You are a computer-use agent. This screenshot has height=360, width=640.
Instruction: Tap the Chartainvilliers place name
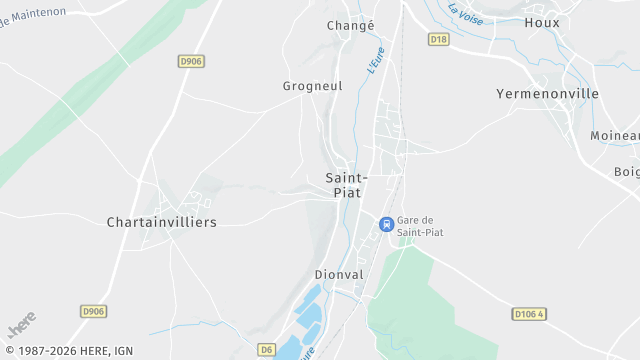point(161,222)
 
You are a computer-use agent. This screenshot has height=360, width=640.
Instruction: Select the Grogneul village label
point(312,86)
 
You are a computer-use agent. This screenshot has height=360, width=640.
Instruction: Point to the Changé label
point(350,25)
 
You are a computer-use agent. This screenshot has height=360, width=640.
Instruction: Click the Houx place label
point(542,22)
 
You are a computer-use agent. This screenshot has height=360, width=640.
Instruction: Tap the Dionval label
point(339,274)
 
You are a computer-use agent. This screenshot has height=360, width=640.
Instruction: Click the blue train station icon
point(386,225)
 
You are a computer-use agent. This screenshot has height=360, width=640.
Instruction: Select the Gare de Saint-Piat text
point(420,226)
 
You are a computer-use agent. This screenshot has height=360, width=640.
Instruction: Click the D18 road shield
point(437,39)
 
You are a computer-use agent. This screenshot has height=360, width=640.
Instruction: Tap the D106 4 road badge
point(530,314)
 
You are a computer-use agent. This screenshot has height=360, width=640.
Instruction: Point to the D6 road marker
point(266,349)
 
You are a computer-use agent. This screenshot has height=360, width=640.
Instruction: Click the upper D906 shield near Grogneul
point(191,61)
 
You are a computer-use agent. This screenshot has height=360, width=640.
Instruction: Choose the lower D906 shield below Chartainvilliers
point(93,311)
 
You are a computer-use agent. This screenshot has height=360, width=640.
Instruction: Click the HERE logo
point(21,325)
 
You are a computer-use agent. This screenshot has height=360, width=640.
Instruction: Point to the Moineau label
point(614,136)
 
